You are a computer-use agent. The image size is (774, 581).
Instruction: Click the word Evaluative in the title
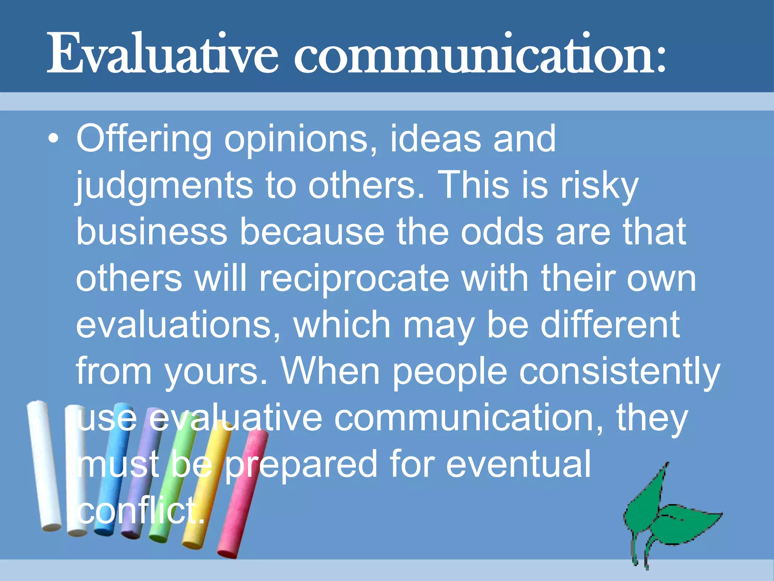tap(163, 54)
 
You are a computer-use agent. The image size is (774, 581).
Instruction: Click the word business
tap(151, 231)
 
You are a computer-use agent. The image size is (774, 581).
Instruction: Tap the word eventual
tap(518, 464)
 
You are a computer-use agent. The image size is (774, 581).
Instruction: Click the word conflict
tap(140, 511)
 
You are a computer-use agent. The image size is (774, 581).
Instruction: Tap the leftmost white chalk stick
tap(43, 465)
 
